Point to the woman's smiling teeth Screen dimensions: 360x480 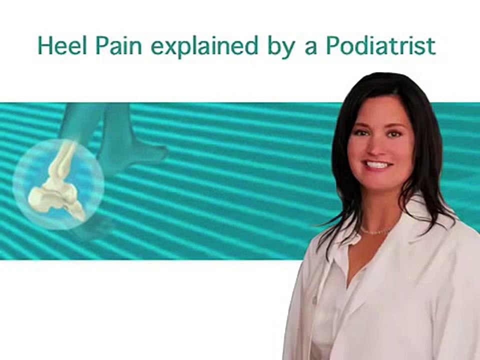tap(378, 164)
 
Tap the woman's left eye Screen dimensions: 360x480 tap(394, 133)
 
